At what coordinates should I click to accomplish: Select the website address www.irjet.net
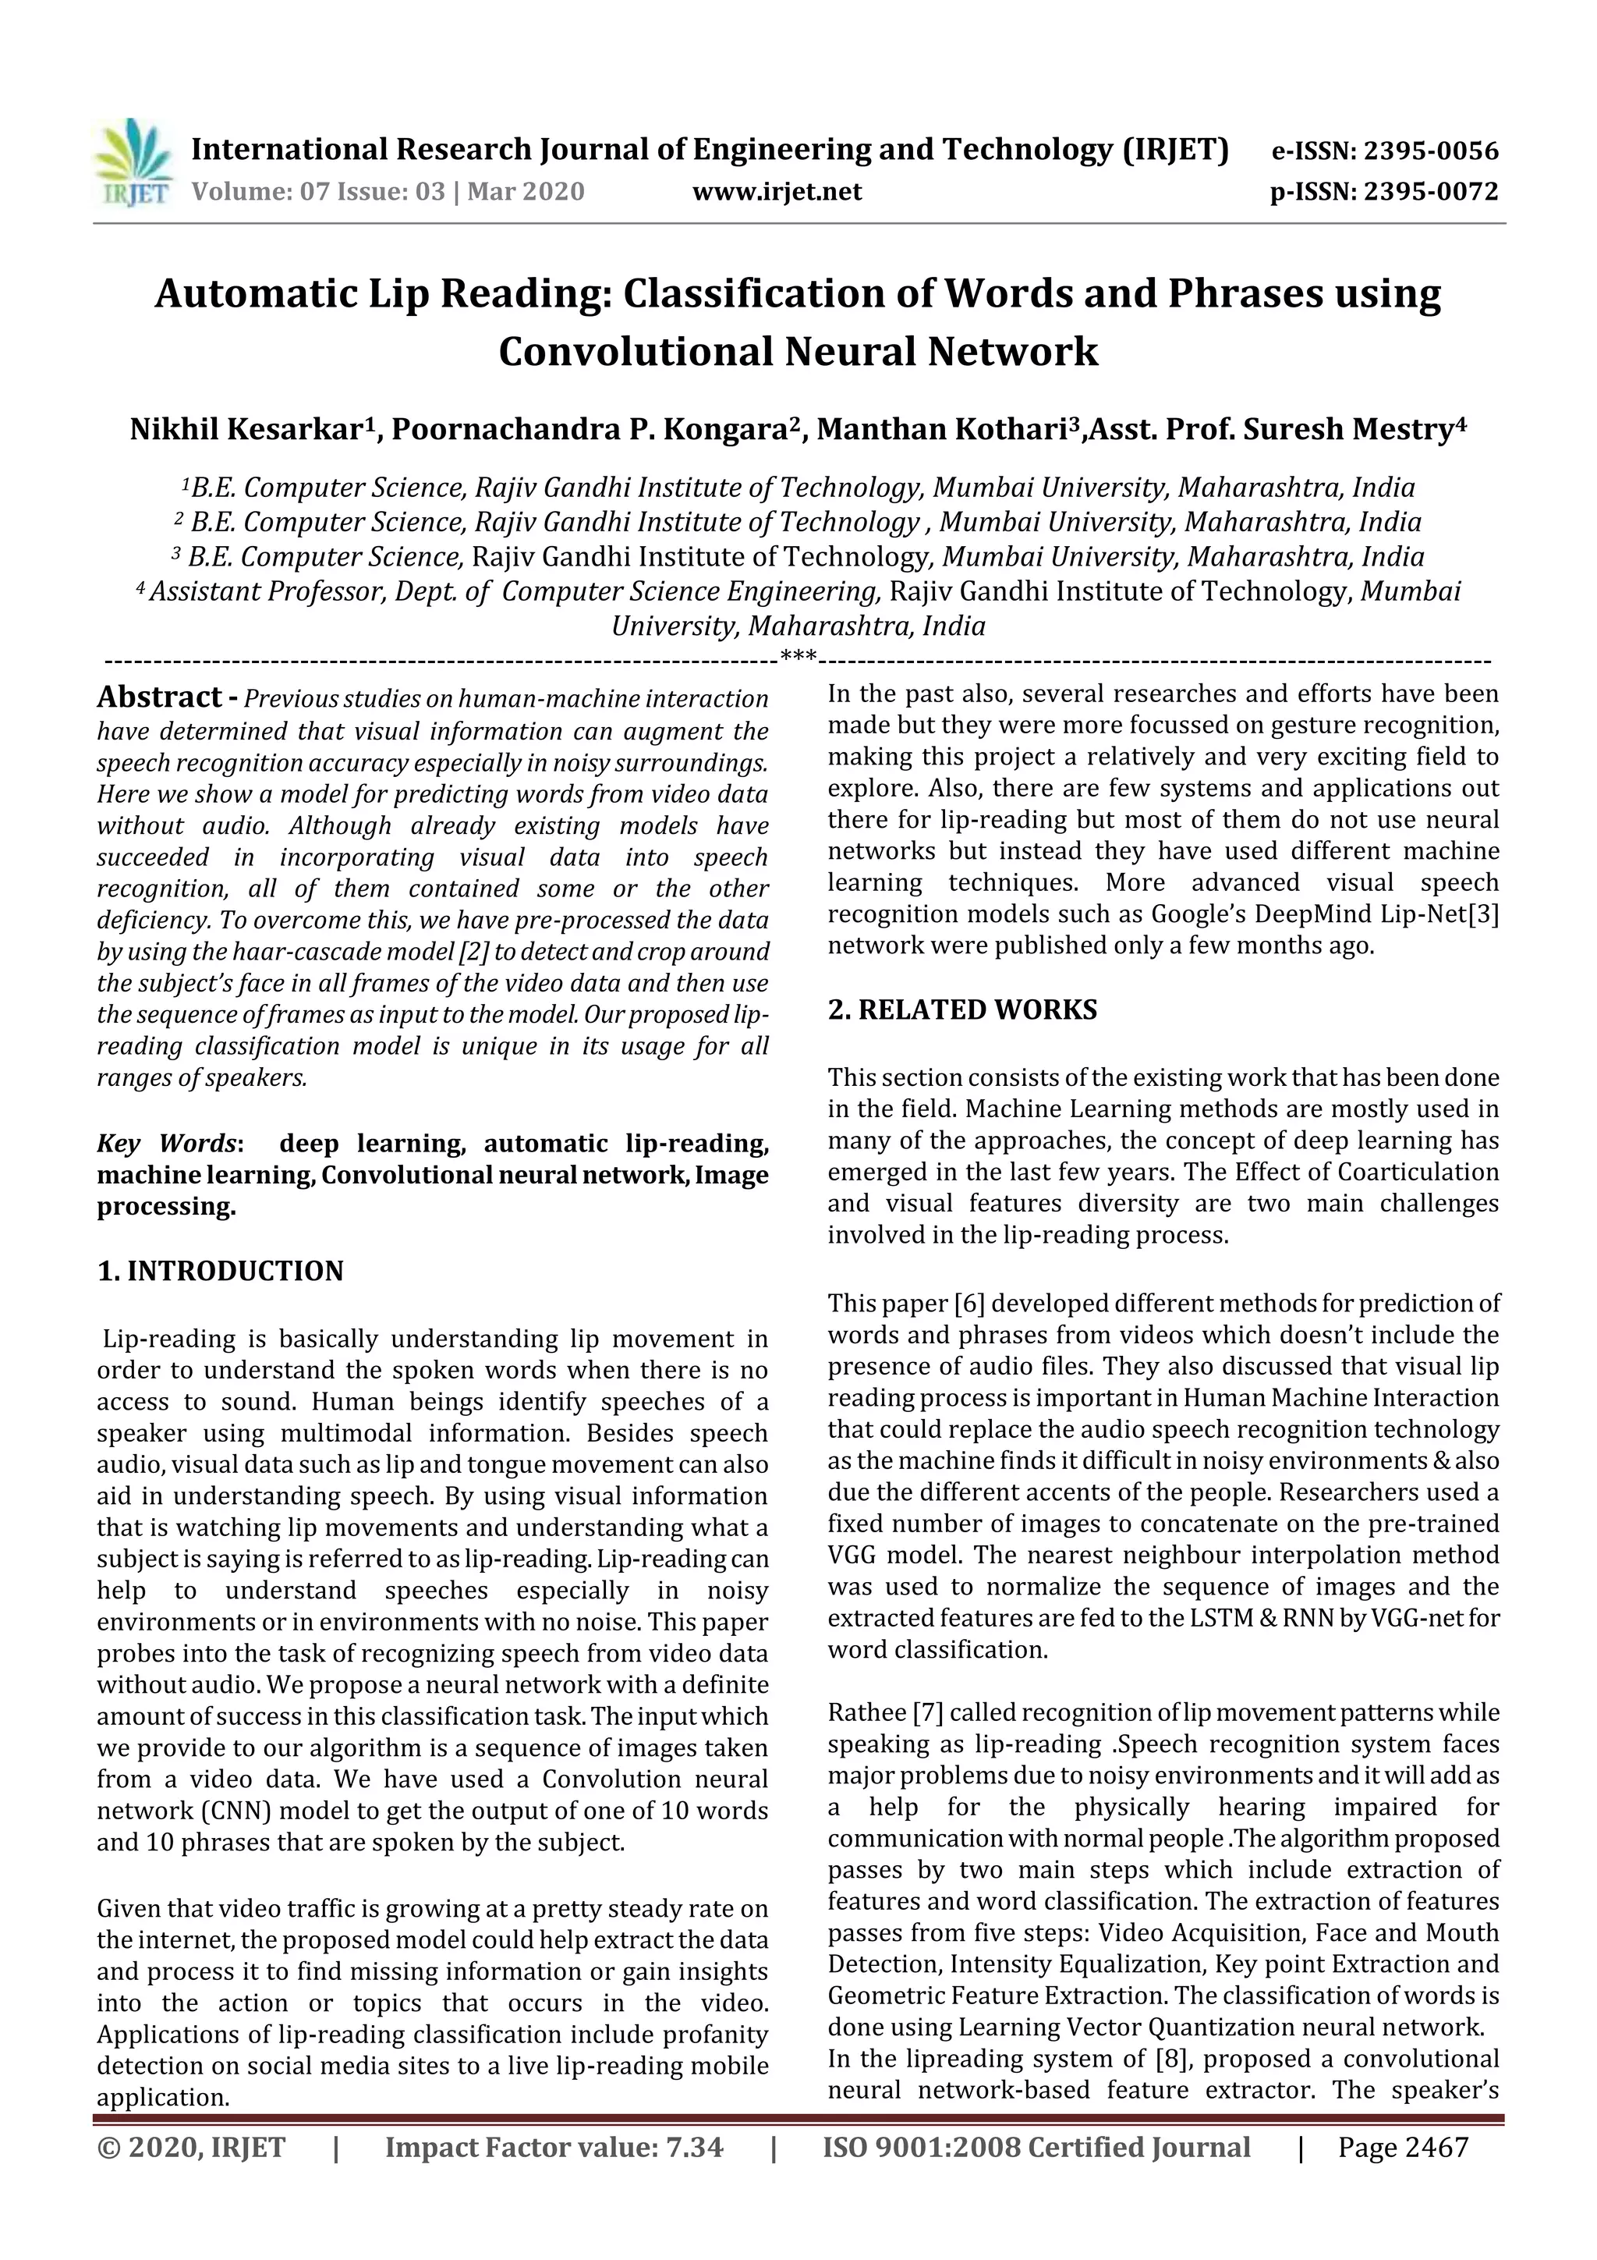coord(777,192)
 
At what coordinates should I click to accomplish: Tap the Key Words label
coord(168,1144)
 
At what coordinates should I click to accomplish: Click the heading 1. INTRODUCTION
coord(221,1272)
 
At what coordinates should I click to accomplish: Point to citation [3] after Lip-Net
coord(1483,914)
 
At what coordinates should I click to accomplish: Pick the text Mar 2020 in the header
coord(526,192)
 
